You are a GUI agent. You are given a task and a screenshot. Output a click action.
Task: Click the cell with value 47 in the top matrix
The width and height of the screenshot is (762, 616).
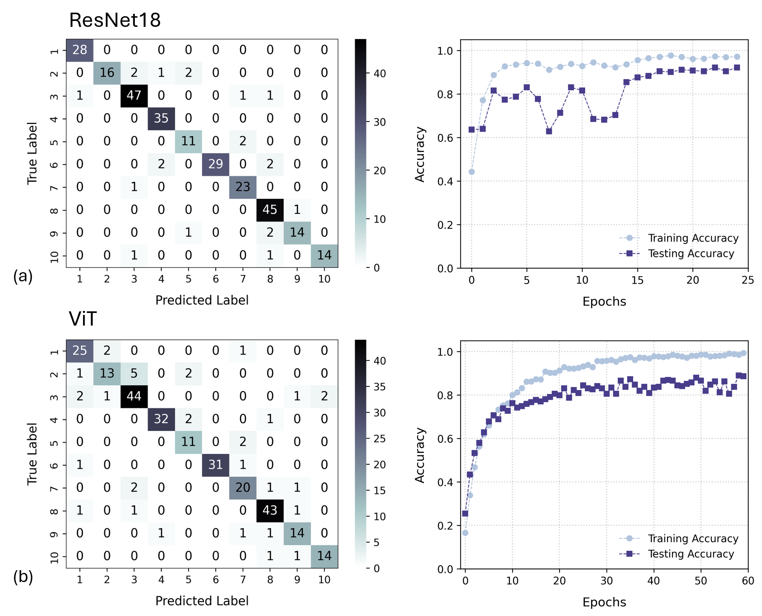click(134, 95)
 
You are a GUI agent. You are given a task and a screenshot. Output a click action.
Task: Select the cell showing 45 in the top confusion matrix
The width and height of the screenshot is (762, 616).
click(270, 209)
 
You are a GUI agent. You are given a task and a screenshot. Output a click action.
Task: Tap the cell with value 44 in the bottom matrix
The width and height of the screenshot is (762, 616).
click(134, 396)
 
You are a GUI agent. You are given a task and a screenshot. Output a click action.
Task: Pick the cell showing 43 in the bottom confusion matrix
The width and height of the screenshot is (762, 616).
click(270, 510)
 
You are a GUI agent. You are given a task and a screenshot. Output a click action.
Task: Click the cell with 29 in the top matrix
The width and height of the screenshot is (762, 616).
click(216, 164)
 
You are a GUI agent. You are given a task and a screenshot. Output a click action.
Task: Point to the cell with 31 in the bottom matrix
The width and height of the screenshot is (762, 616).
click(216, 464)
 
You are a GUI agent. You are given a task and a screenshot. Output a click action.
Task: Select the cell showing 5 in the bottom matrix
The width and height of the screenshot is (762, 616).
click(134, 373)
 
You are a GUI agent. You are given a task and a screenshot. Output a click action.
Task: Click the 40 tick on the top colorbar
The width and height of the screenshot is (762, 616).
click(379, 73)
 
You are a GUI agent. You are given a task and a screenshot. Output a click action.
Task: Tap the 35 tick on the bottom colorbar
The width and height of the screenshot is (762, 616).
click(379, 387)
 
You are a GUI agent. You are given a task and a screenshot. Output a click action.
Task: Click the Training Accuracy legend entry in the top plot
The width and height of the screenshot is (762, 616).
click(693, 238)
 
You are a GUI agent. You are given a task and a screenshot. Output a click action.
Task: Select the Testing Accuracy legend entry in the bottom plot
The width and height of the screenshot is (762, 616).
click(690, 554)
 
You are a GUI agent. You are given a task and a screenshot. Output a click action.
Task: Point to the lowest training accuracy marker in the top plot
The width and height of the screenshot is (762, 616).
click(471, 172)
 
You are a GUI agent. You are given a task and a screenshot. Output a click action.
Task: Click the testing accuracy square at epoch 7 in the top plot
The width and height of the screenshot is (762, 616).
click(549, 131)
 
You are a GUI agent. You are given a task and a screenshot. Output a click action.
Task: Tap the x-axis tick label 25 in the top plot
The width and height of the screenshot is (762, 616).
click(747, 280)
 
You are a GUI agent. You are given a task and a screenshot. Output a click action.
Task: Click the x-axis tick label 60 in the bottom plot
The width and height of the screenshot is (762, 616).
click(747, 581)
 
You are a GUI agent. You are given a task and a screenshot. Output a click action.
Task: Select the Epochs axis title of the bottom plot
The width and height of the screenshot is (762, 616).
click(604, 602)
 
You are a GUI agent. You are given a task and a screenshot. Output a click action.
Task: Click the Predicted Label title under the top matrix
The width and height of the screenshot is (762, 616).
click(202, 300)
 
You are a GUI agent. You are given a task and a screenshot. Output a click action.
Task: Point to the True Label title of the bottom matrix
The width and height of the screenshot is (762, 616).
click(32, 454)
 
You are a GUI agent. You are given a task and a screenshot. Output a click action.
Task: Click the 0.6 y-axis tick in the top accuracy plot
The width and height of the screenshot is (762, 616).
click(445, 138)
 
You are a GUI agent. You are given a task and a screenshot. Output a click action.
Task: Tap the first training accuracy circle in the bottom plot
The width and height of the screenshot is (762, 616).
click(465, 533)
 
